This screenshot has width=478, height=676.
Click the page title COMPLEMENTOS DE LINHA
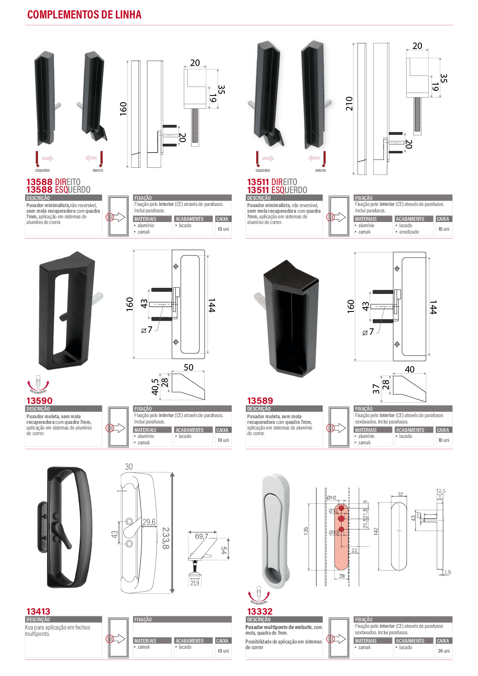84,14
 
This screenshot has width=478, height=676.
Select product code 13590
39,401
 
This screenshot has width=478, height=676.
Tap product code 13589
260,401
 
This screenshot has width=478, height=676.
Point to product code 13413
38,611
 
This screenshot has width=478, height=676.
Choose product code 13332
260,611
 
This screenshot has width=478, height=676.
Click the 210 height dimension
349,104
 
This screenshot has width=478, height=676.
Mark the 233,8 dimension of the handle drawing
166,538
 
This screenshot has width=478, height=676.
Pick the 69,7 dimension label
201,536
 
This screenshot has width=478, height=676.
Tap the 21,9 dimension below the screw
195,583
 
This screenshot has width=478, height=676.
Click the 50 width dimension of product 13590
189,367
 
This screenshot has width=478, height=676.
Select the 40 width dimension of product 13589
409,369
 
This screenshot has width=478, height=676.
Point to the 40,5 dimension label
155,387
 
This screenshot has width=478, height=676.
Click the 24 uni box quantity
443,651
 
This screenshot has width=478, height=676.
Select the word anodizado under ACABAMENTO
409,232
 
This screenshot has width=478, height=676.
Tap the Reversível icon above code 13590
38,384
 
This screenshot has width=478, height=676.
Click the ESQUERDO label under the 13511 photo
262,171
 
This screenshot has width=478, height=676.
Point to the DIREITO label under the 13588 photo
98,171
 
